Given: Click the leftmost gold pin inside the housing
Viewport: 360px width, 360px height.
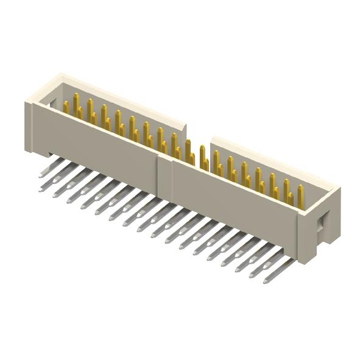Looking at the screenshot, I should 66,107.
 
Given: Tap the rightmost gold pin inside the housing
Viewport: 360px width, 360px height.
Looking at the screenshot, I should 301,196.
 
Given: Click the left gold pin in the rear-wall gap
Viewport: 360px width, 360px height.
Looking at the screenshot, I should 189,150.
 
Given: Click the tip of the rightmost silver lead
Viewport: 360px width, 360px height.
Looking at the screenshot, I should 267,281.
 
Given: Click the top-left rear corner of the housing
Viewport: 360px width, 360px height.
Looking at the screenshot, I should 58,76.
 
